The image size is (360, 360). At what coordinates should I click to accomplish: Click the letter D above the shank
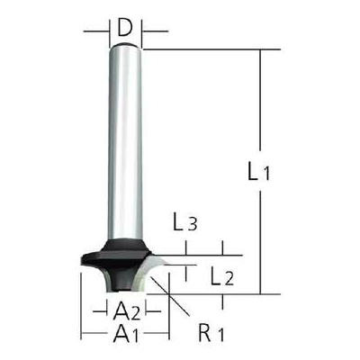(x=125, y=28)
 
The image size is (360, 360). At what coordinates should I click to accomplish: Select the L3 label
(x=184, y=222)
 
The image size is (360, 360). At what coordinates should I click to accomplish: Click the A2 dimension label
(x=127, y=311)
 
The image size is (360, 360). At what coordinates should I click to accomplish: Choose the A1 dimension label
(x=126, y=333)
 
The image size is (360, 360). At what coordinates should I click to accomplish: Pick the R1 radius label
(x=211, y=333)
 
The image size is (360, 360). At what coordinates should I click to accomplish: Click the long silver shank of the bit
(x=125, y=141)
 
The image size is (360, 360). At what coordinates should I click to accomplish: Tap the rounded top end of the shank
(x=125, y=46)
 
